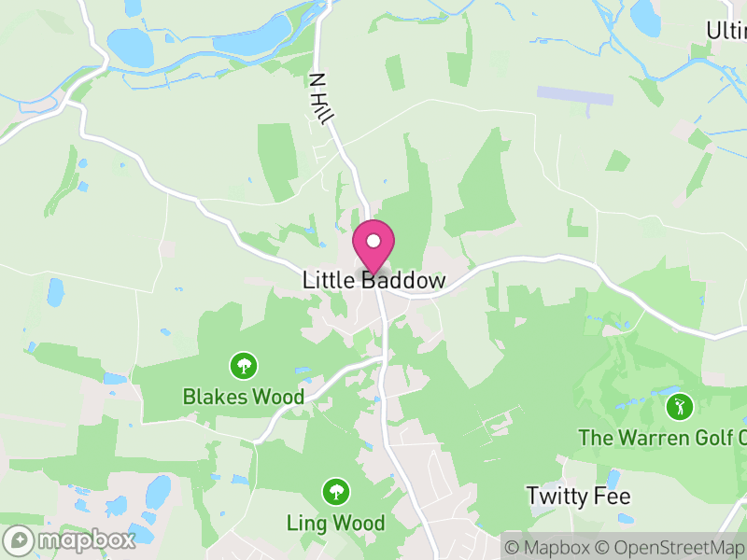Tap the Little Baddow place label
pos(373,280)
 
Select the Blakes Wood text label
pos(244,397)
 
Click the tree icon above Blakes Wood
pos(244,364)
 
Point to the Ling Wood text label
pos(336,523)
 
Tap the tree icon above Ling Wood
pos(335,490)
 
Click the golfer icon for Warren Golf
pos(680,406)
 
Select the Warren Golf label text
pos(663,438)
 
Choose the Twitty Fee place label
pos(579,496)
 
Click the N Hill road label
pos(322,100)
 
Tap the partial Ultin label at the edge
pos(726,30)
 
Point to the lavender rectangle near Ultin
pos(574,94)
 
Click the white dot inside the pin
pos(373,241)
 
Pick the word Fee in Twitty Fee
pos(612,496)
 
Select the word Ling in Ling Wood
pos(308,523)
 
